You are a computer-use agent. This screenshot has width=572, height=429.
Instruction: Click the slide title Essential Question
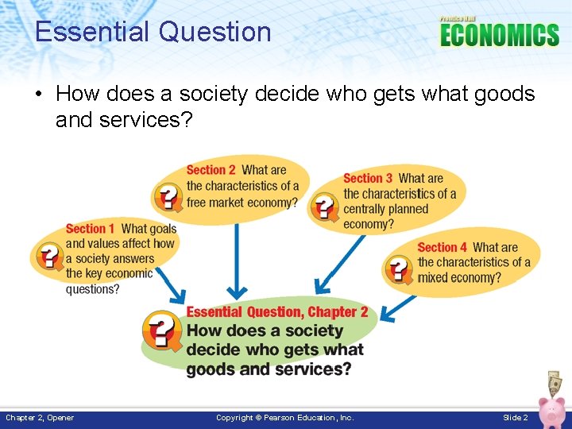153,32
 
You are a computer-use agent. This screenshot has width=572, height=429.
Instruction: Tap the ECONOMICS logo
499,34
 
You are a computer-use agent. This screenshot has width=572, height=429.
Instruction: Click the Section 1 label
90,229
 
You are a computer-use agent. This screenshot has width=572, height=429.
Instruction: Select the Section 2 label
211,170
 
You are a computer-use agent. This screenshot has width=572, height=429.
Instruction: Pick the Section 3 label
368,179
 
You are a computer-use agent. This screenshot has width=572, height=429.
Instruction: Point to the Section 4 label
442,248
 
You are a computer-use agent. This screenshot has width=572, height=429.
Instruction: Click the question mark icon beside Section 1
48,256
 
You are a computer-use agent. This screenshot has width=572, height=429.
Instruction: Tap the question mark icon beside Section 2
168,196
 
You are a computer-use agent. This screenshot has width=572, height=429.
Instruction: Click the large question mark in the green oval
161,330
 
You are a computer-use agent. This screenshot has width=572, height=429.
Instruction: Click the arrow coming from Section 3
334,262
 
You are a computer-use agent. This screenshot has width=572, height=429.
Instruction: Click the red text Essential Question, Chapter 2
276,312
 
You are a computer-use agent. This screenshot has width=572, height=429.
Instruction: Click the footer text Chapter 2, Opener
40,418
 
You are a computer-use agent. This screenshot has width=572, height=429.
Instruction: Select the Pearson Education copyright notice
285,418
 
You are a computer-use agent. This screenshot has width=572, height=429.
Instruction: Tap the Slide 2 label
515,418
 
